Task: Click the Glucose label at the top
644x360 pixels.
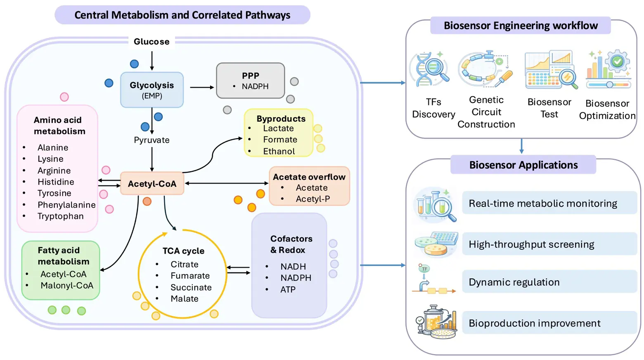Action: point(152,42)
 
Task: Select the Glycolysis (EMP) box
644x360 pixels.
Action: point(152,90)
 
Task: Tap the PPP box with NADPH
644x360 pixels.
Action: point(251,81)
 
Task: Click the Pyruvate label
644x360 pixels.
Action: point(152,140)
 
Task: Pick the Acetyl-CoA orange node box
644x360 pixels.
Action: point(152,183)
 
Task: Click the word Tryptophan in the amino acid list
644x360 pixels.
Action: point(61,216)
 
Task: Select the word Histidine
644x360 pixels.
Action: point(56,182)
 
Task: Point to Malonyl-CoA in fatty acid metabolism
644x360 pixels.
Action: point(67,286)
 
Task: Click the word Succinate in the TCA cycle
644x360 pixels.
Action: point(191,287)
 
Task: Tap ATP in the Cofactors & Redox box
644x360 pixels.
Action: point(288,289)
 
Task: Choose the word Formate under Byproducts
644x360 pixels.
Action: point(280,140)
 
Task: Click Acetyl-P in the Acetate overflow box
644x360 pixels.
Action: point(313,199)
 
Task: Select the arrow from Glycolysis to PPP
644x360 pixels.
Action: point(202,87)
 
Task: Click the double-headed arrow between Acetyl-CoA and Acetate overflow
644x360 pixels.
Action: point(227,183)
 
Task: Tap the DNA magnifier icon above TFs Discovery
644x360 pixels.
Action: point(430,69)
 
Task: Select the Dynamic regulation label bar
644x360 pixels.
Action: point(550,282)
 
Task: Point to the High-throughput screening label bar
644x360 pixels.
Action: point(550,244)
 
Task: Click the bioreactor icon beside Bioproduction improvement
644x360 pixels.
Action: point(436,322)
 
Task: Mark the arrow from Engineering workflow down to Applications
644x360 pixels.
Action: point(521,146)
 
